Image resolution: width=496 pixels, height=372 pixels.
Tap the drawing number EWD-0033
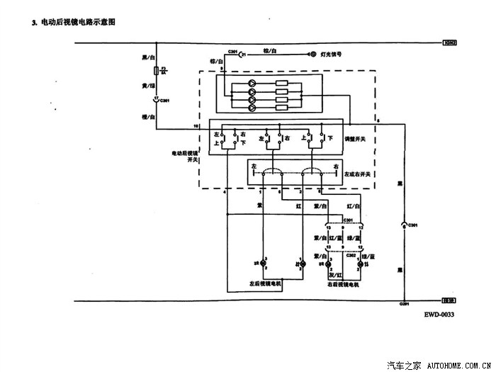pyautogui.click(x=439, y=315)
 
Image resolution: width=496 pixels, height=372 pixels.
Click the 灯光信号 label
pyautogui.click(x=333, y=54)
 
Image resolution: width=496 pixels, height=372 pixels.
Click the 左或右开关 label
pyautogui.click(x=358, y=173)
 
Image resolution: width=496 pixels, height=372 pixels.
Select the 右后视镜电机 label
pyautogui.click(x=343, y=284)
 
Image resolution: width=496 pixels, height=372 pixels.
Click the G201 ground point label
pyautogui.click(x=404, y=304)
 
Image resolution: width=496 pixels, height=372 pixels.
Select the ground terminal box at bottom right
pyautogui.click(x=446, y=300)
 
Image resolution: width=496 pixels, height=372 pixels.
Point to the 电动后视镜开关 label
pyautogui.click(x=186, y=156)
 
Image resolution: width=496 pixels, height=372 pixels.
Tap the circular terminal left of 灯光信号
pyautogui.click(x=312, y=54)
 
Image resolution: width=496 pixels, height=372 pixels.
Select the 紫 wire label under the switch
pyautogui.click(x=259, y=205)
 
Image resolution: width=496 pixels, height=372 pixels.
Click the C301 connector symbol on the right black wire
pyautogui.click(x=404, y=225)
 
